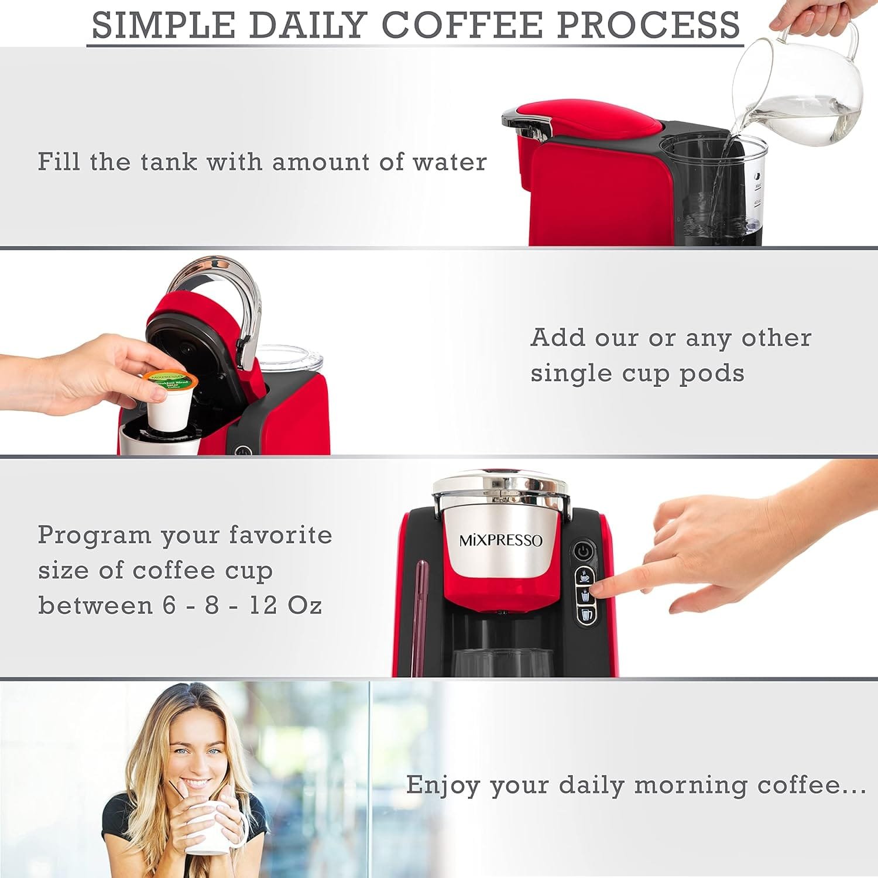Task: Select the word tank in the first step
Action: click(169, 162)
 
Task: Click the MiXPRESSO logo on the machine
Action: click(500, 540)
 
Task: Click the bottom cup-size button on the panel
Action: click(585, 613)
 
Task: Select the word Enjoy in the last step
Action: click(443, 786)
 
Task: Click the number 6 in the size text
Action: click(169, 605)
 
